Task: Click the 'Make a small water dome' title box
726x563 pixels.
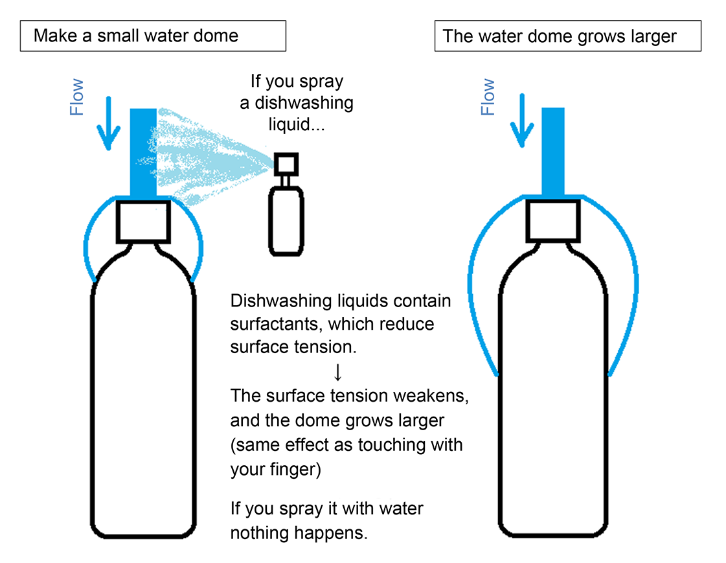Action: (153, 36)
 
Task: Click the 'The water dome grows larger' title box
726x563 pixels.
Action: (567, 36)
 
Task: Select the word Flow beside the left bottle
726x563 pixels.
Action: (77, 97)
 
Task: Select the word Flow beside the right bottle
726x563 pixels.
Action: (488, 97)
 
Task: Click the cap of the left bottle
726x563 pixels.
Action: (143, 220)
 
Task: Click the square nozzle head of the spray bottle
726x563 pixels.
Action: (286, 163)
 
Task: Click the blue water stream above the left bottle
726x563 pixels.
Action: (143, 152)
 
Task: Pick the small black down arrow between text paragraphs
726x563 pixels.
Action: (337, 371)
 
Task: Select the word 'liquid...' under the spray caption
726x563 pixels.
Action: (295, 124)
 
